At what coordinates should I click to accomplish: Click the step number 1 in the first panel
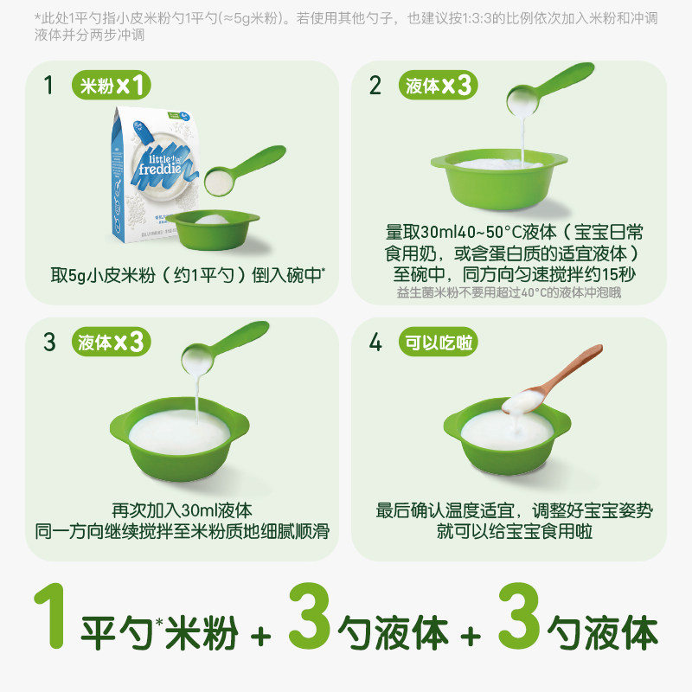[x=49, y=86]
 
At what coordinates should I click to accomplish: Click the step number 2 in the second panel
[x=375, y=86]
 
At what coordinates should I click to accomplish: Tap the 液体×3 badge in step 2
[x=439, y=86]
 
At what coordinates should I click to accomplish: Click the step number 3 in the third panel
[x=49, y=342]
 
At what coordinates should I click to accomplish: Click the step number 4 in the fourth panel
[x=375, y=342]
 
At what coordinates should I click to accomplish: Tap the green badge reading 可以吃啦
[x=439, y=342]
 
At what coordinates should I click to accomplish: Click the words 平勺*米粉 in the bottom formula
[x=160, y=634]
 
